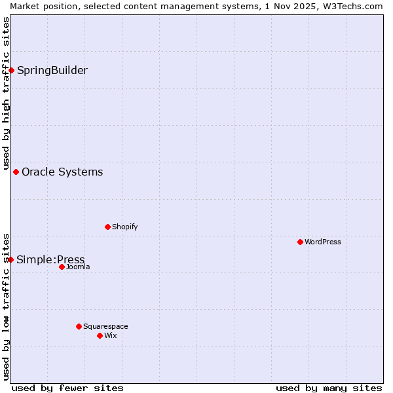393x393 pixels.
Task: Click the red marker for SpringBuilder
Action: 11,70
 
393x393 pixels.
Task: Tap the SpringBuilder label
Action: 52,71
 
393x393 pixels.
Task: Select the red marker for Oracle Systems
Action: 16,172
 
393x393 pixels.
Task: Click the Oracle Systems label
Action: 62,172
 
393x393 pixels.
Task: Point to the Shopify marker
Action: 107,227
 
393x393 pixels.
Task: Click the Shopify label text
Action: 124,227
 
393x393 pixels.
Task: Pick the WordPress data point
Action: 300,242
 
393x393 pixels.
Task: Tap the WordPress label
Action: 322,242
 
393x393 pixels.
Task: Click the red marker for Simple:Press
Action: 10,259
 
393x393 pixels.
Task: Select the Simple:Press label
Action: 50,260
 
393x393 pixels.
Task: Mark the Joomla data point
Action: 62,267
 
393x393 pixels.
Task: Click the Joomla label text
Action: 78,267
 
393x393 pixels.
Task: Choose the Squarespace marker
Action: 79,326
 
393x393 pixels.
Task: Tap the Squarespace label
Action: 105,327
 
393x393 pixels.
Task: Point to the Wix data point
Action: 100,335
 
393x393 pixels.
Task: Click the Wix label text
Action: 110,336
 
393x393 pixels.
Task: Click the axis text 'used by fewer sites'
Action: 67,388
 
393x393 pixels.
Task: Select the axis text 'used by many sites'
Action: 329,388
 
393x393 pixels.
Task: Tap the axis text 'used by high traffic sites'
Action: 6,92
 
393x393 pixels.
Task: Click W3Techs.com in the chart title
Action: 351,6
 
